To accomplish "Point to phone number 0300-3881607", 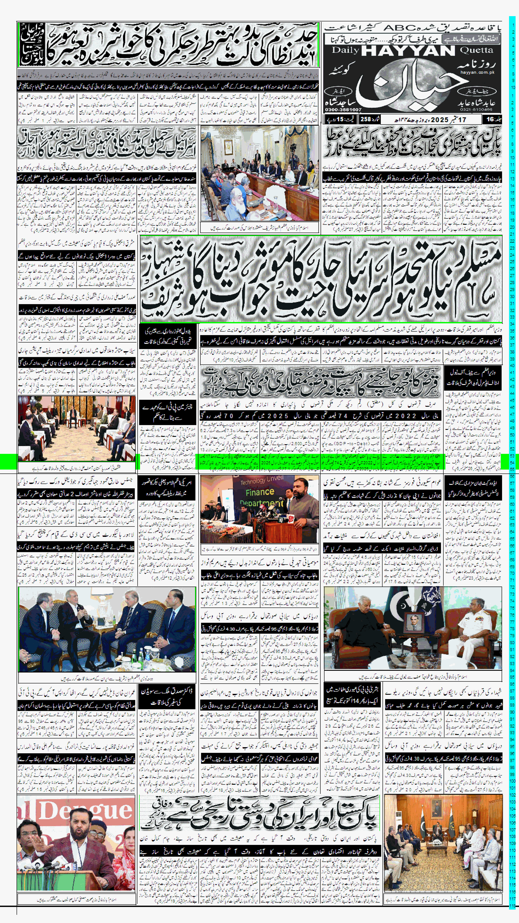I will pos(343,109).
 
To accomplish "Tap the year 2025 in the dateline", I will pos(440,119).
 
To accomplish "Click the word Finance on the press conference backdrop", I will pos(260,492).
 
